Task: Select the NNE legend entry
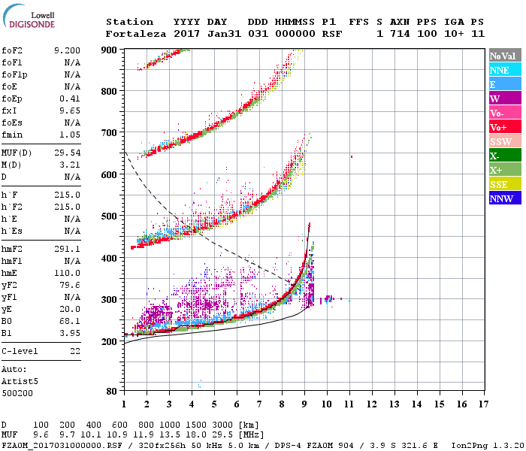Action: click(x=501, y=70)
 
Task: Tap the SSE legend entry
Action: click(x=501, y=184)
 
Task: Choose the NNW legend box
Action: click(x=501, y=198)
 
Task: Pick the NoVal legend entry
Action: click(x=501, y=56)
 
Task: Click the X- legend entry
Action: click(x=501, y=156)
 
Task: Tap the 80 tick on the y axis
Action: click(x=111, y=391)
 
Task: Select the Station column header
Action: click(x=129, y=22)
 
